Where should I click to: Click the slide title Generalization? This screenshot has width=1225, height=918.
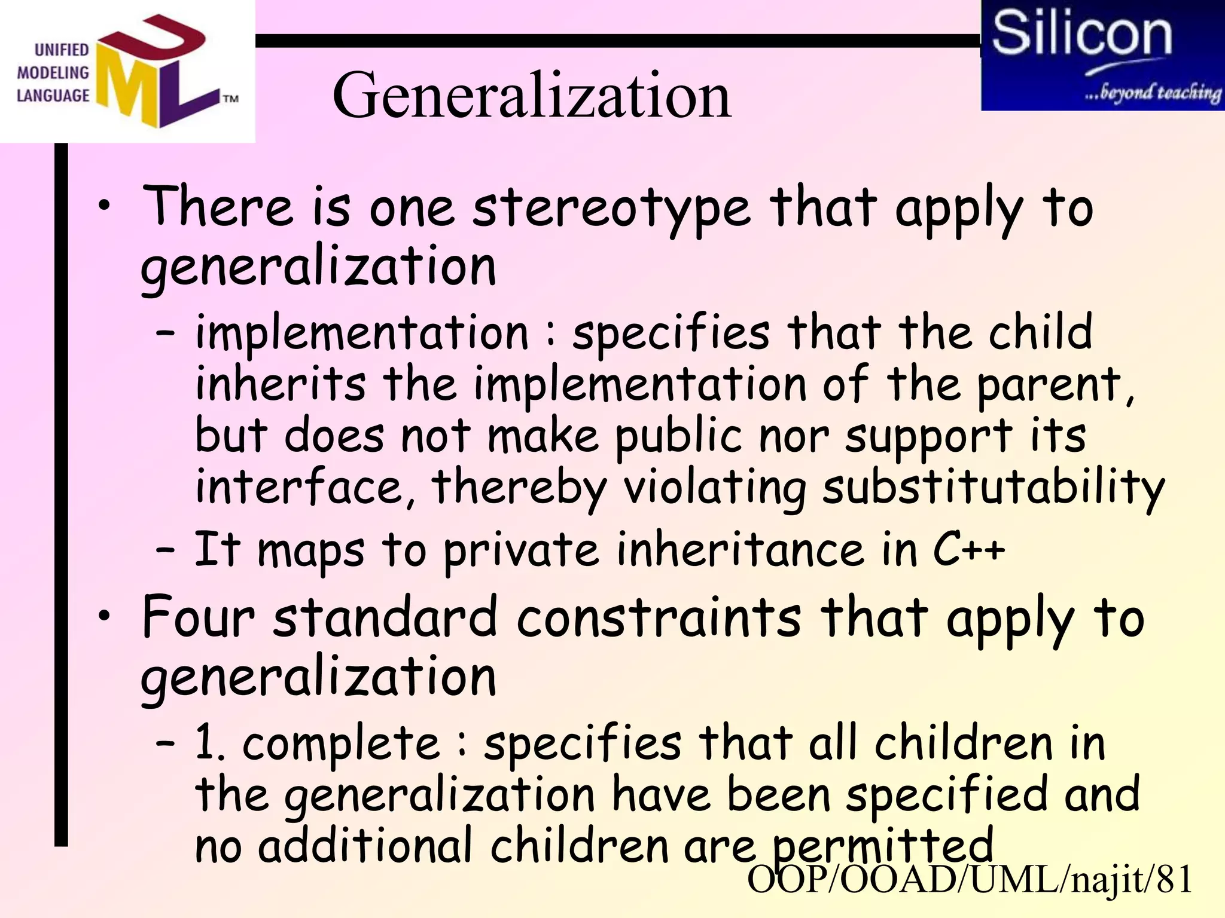pos(531,96)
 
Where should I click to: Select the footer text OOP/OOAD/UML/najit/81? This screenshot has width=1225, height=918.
pos(970,880)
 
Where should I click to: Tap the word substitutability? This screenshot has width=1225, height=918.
pos(993,487)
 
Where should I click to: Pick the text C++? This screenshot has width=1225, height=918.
pos(969,549)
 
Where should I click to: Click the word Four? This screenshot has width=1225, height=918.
pos(198,617)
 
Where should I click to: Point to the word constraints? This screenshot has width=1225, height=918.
pos(659,617)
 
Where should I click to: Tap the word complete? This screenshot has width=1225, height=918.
pos(341,743)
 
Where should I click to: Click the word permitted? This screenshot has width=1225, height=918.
pos(882,845)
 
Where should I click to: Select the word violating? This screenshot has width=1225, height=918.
pos(715,487)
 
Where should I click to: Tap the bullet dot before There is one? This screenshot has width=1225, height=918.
pos(105,206)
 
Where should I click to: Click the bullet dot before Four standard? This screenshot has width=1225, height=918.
pos(105,616)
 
